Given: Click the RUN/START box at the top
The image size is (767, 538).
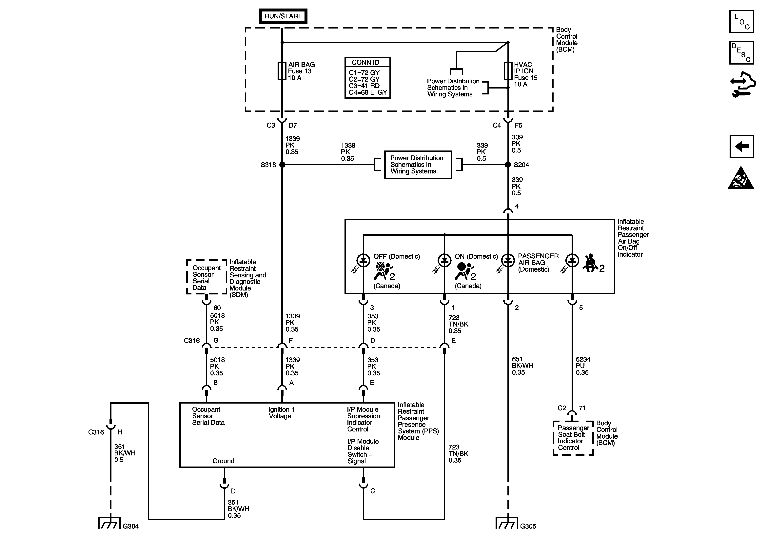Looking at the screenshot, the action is click(x=283, y=16).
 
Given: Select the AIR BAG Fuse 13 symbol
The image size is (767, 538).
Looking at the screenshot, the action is click(x=282, y=71).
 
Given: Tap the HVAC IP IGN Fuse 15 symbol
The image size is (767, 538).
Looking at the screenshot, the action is click(x=508, y=71).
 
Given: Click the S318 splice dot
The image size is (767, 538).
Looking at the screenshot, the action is click(x=282, y=164).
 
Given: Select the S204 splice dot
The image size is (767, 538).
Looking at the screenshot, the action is click(x=508, y=164).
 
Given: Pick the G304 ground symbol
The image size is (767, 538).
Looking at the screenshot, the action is click(x=109, y=523).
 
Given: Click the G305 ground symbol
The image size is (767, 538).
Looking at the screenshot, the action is click(x=507, y=523).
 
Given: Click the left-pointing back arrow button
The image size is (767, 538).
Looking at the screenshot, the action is click(x=742, y=146).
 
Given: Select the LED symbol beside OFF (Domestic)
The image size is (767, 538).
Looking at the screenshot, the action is click(x=363, y=261).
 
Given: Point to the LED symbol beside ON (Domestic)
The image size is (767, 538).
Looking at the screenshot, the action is click(x=444, y=261).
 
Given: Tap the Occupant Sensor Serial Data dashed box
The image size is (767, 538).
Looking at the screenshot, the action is click(x=207, y=277).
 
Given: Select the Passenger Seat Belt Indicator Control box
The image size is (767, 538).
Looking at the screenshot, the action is click(x=573, y=438).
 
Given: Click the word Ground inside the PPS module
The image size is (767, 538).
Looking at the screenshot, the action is click(x=223, y=461).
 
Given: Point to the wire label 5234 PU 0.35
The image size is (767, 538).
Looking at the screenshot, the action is click(x=583, y=366).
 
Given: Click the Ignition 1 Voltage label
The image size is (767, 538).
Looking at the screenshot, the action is click(x=281, y=413).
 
